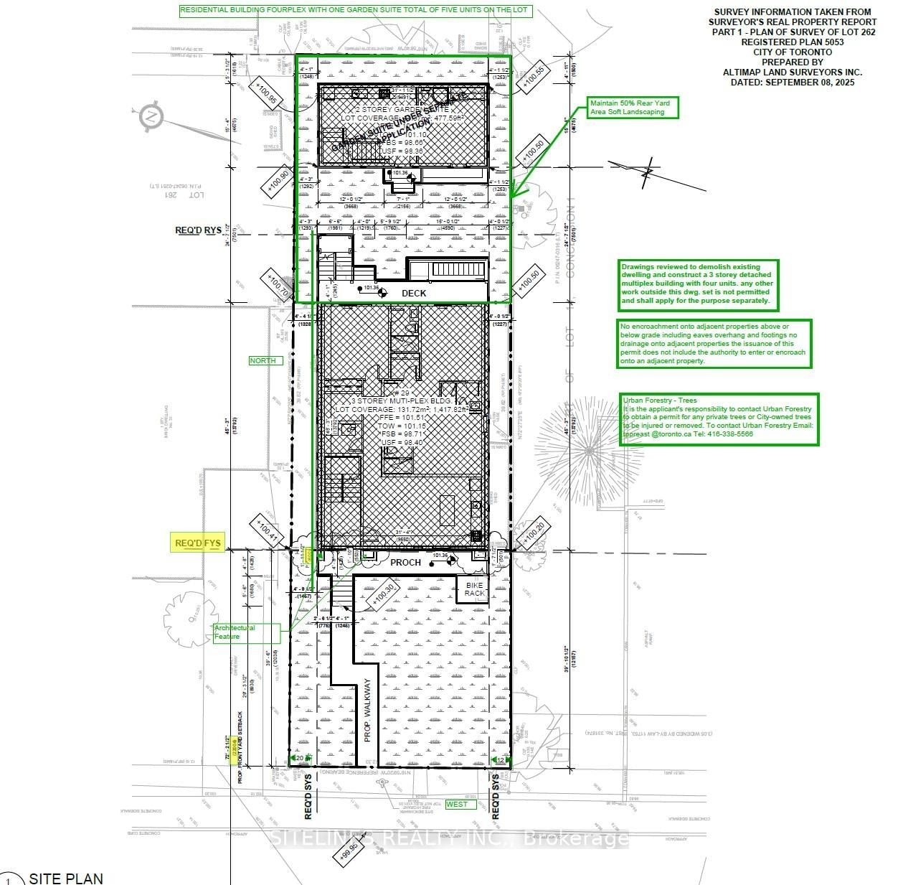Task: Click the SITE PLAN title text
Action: pos(65,878)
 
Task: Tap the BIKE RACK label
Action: pos(474,589)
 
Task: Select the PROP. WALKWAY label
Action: pos(367,710)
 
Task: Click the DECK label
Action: pos(414,293)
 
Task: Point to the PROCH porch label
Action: pos(405,562)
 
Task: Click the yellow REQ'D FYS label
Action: pos(198,543)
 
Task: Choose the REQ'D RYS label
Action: pos(198,230)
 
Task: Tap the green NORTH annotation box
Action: pos(263,360)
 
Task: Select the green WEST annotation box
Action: pos(457,804)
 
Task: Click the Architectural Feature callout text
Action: pos(235,632)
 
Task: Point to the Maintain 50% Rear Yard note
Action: pos(630,108)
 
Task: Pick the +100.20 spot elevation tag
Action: pos(534,535)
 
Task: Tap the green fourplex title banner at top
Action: pos(356,10)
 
